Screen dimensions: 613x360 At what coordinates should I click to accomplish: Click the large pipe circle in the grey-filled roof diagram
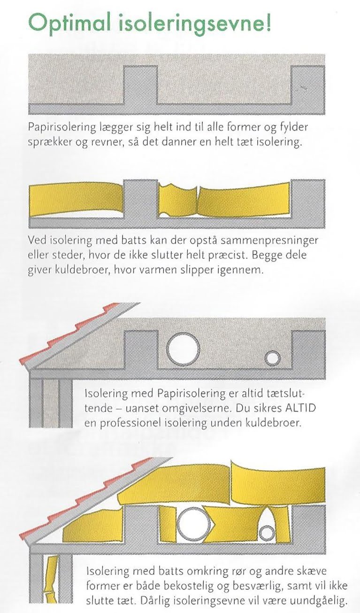[183, 349]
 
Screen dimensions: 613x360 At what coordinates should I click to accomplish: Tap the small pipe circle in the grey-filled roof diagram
[272, 358]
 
